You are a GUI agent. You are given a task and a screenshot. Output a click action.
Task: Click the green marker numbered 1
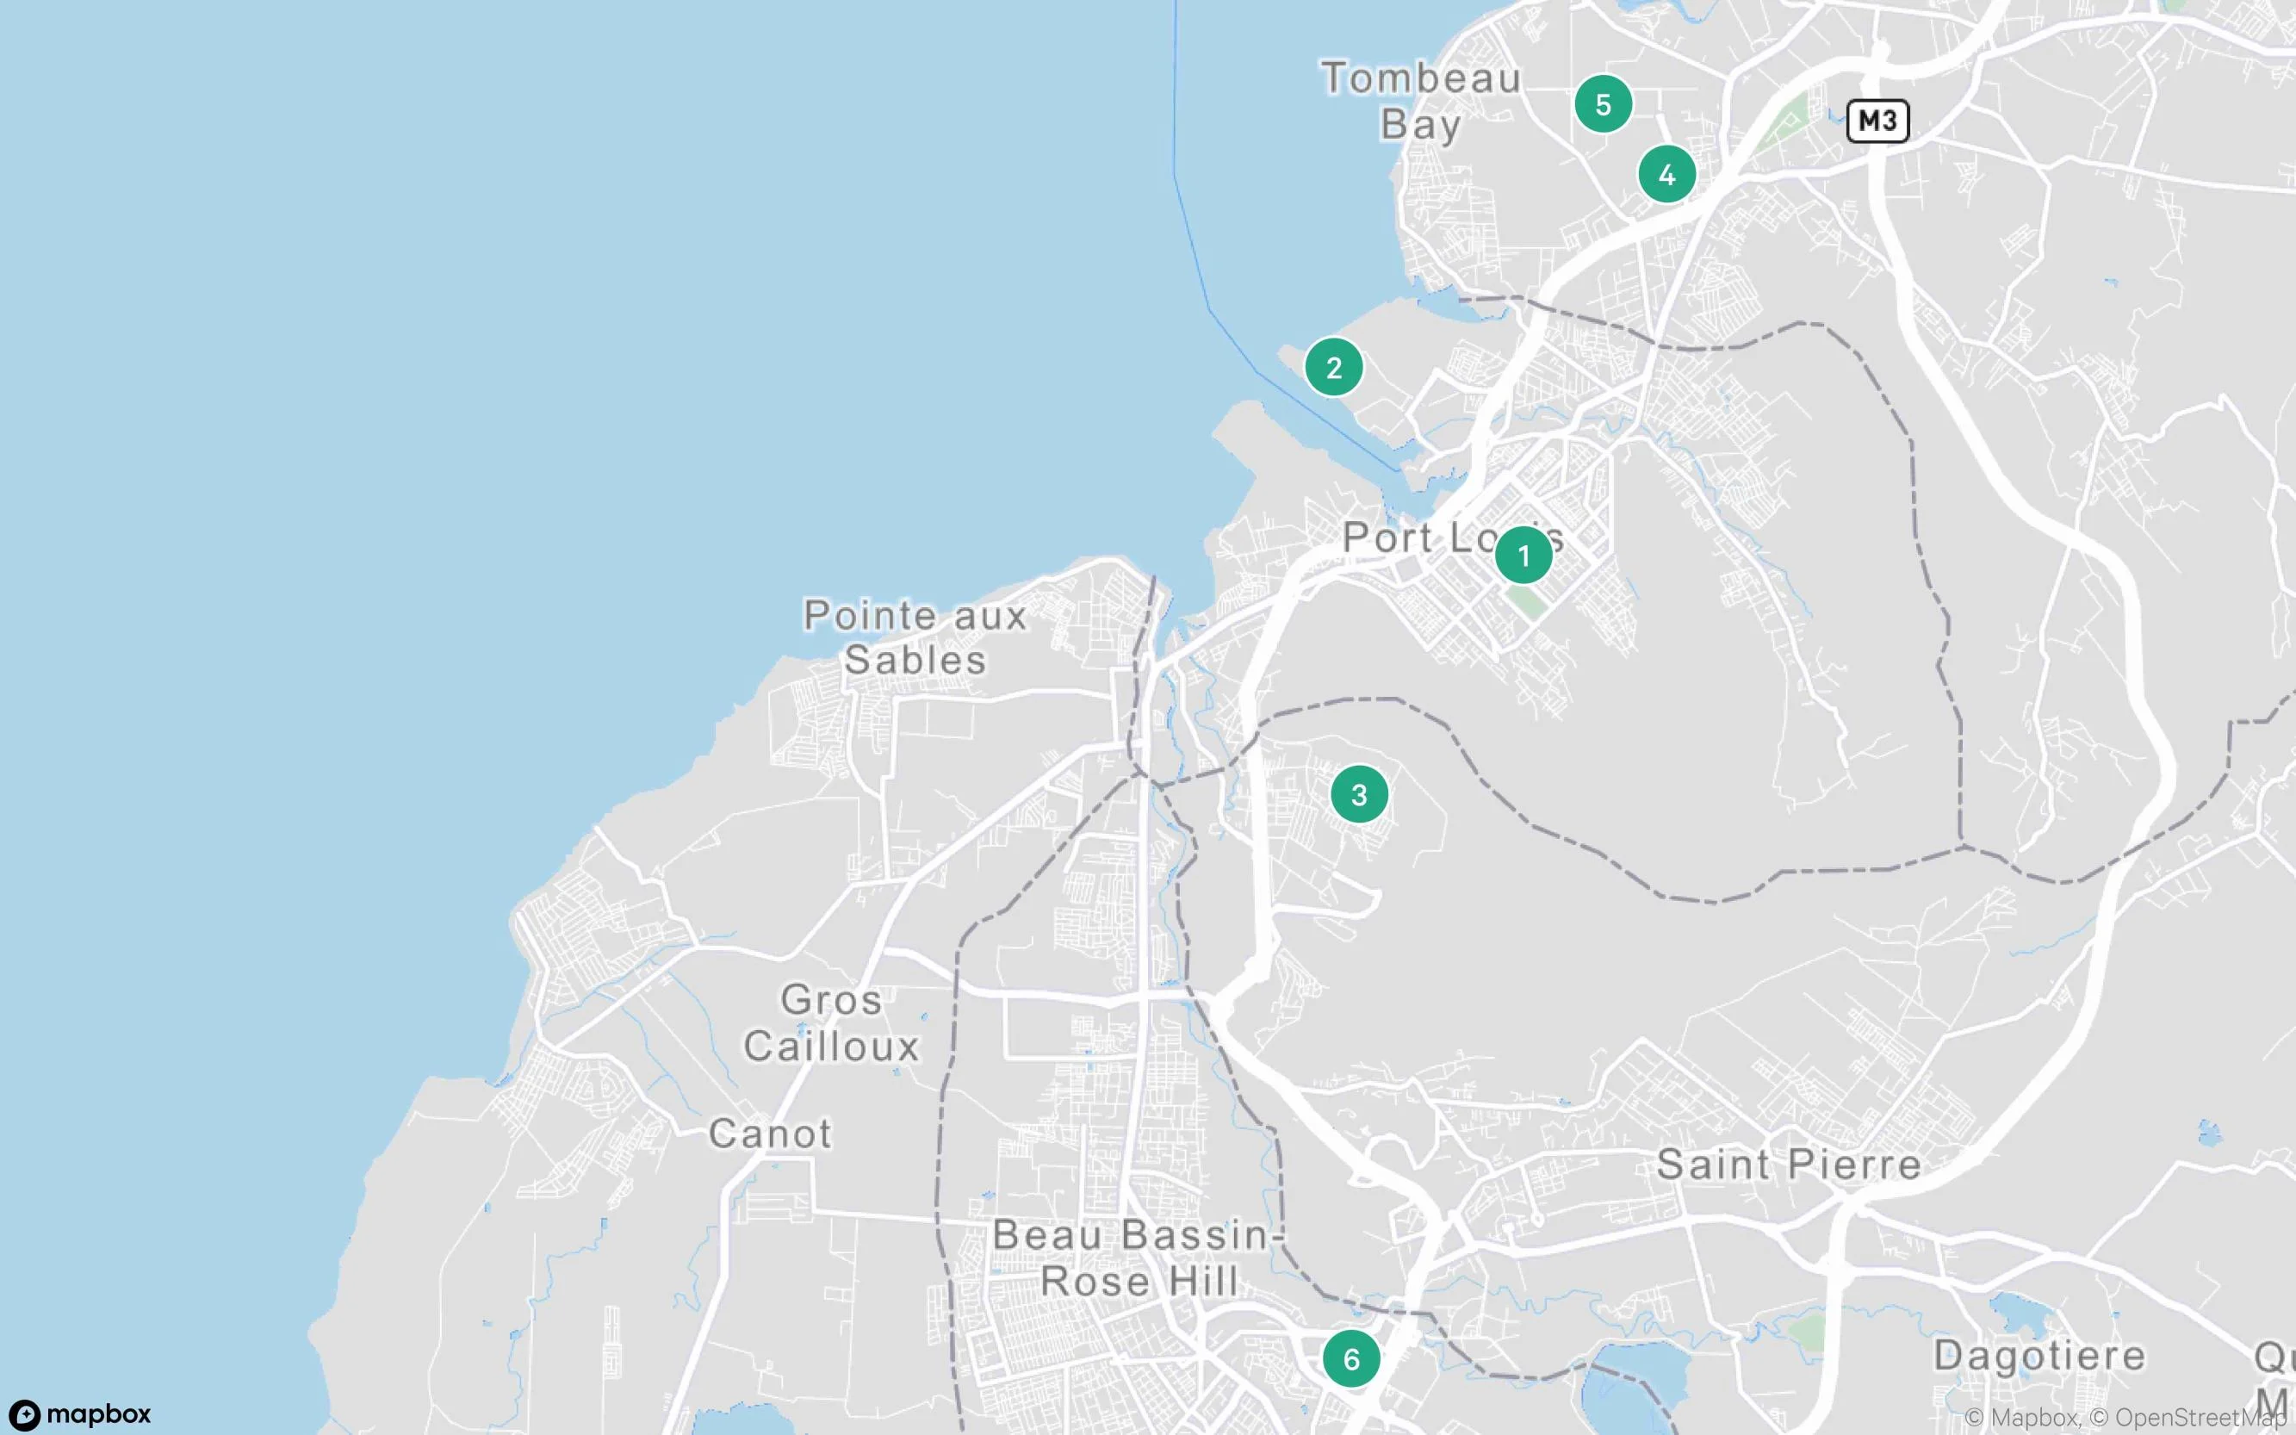pos(1523,556)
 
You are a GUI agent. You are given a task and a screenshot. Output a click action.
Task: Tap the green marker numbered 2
pos(1334,367)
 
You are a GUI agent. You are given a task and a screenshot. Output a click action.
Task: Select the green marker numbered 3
pos(1360,794)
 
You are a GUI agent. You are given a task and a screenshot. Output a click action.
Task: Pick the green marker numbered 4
pos(1667,175)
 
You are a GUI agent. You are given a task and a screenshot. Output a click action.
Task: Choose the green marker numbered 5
pos(1604,104)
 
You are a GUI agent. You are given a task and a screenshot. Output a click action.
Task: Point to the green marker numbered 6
pos(1352,1359)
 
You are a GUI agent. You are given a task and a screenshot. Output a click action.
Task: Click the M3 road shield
pos(1877,121)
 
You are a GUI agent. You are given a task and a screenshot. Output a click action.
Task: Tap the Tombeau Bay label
pos(1420,101)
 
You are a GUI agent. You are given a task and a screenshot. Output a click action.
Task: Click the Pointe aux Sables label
pos(915,637)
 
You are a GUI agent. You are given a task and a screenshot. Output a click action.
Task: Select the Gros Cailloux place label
pos(831,1022)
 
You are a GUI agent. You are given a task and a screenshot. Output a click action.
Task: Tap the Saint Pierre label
pos(1789,1165)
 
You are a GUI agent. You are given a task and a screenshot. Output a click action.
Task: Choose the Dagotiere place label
pos(2038,1355)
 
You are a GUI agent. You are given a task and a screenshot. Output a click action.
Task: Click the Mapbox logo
pos(81,1414)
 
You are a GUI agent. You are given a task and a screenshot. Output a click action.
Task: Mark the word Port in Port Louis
pos(1388,538)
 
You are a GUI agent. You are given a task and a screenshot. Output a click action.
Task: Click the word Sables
pos(915,661)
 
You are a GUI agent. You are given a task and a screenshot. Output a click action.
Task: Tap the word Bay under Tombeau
pos(1420,124)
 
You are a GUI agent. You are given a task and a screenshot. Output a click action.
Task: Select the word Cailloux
pos(831,1046)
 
